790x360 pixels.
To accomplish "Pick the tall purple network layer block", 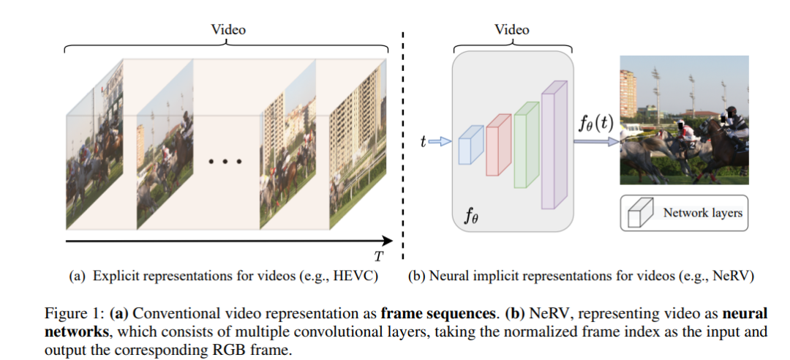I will [554, 146].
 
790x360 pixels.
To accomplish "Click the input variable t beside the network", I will [423, 143].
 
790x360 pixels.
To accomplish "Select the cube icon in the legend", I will [639, 213].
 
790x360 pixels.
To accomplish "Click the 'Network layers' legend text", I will [702, 213].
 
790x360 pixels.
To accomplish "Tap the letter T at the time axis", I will [379, 255].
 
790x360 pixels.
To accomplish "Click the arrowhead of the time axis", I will [388, 239].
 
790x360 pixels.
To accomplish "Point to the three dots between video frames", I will [225, 161].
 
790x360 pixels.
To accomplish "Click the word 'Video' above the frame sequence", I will [228, 30].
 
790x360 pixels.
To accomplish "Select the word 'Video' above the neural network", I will [511, 30].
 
